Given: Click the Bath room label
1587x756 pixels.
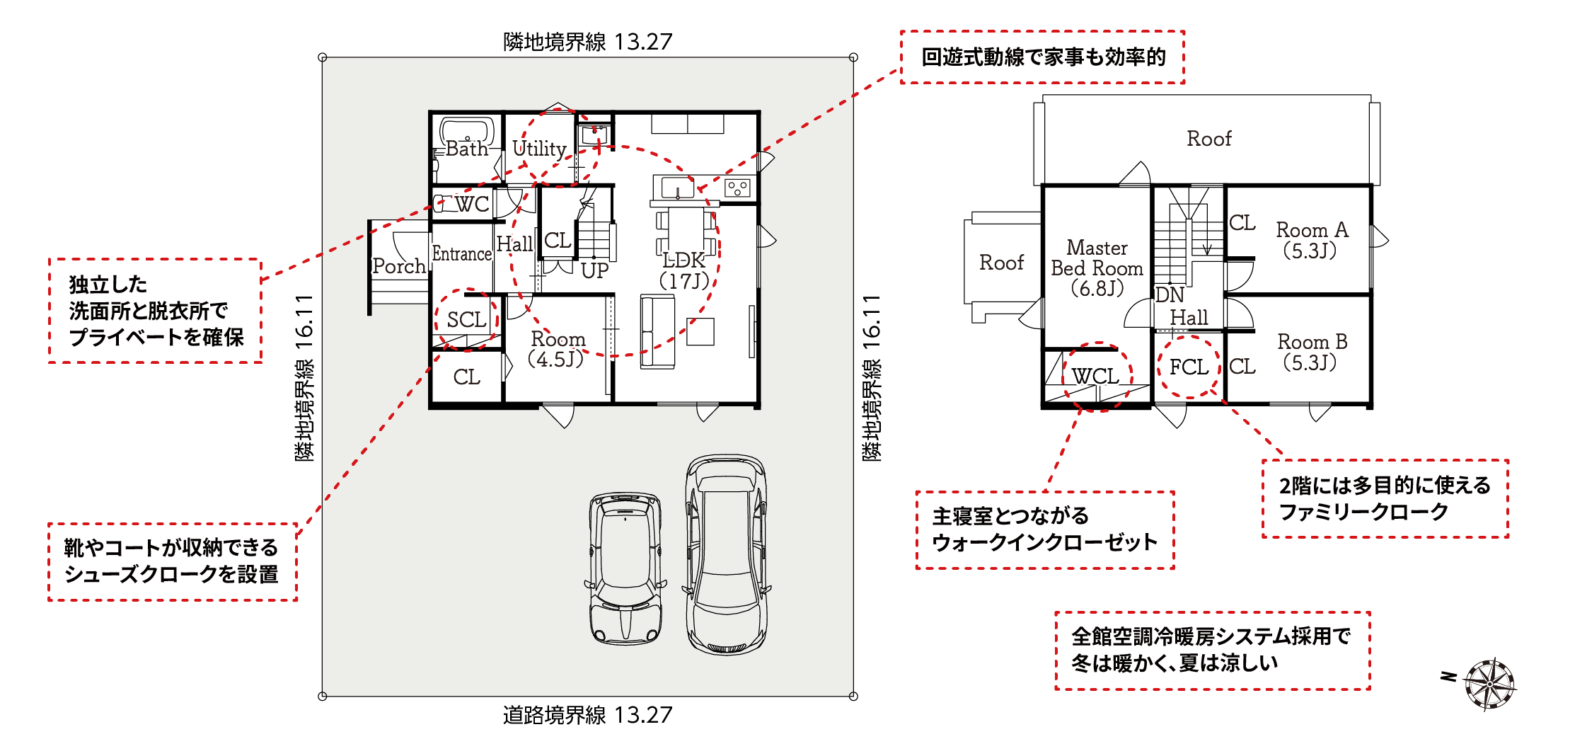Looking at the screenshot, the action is coord(467,149).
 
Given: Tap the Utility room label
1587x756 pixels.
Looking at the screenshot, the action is coord(539,149).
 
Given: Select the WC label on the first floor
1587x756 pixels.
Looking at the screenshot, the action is coord(472,205).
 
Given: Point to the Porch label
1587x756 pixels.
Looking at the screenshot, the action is coord(399,266).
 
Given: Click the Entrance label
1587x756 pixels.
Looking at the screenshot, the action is coord(462,253).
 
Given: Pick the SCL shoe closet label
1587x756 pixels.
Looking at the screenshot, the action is coord(466,320).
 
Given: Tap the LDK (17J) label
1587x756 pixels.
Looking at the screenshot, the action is coord(684,270).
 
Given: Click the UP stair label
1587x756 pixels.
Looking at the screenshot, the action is coord(594,270).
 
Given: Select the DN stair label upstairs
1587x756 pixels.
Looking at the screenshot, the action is coord(1170,294).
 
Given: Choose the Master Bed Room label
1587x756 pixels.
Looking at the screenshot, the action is coord(1097,268).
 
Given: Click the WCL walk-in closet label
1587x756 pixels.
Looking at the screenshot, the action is coord(1095,376).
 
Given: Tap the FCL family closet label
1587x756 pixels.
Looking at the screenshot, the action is coord(1189,367).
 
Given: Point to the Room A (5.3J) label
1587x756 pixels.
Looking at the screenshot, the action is coord(1312,240).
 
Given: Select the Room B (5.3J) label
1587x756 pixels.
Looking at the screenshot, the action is coord(1312,352).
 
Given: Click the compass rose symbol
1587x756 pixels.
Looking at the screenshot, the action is coord(1490,684).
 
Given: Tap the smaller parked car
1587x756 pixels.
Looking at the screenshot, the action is coord(625,568).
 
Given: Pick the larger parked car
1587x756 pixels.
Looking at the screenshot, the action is coord(726,554).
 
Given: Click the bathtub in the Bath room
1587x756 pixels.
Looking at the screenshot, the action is coord(467,132).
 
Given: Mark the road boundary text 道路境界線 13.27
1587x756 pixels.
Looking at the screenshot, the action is coord(587,715).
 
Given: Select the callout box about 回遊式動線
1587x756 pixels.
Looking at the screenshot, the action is coord(1043,57).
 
